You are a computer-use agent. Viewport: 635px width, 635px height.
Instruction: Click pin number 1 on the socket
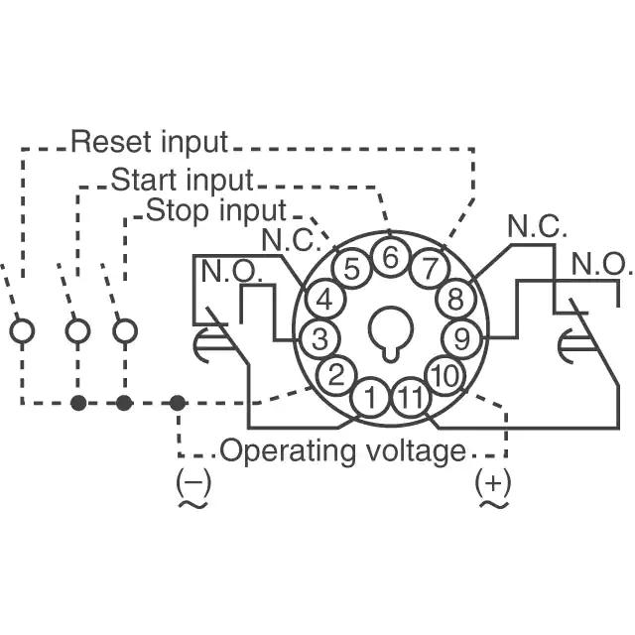tap(369, 400)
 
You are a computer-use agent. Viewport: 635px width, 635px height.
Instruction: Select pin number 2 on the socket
tap(336, 375)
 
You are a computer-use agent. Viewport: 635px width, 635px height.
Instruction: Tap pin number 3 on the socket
tap(318, 337)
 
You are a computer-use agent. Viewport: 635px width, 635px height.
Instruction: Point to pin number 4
tap(324, 299)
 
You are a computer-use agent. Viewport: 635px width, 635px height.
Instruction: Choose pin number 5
tap(351, 268)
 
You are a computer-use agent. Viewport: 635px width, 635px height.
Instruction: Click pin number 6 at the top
tap(390, 258)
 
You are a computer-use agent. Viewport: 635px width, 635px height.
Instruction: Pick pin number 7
tap(429, 268)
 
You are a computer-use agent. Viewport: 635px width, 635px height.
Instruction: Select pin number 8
tap(455, 298)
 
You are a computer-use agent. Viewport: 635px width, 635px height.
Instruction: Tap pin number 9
tap(460, 336)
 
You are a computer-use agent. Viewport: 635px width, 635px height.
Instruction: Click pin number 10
tap(444, 375)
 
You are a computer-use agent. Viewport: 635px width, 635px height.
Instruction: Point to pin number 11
tap(408, 400)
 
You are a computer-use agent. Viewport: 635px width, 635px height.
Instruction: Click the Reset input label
tap(149, 142)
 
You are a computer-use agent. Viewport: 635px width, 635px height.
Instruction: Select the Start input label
tap(182, 181)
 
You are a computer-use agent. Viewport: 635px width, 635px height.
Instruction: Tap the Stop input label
tap(216, 211)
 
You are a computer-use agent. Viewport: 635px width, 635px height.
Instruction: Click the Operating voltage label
tap(342, 451)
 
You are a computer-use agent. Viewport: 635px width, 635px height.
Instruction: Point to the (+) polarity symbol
tap(493, 482)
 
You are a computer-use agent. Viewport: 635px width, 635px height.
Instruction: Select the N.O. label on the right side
tap(601, 264)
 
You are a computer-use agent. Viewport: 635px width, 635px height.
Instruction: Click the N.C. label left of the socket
tap(292, 239)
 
